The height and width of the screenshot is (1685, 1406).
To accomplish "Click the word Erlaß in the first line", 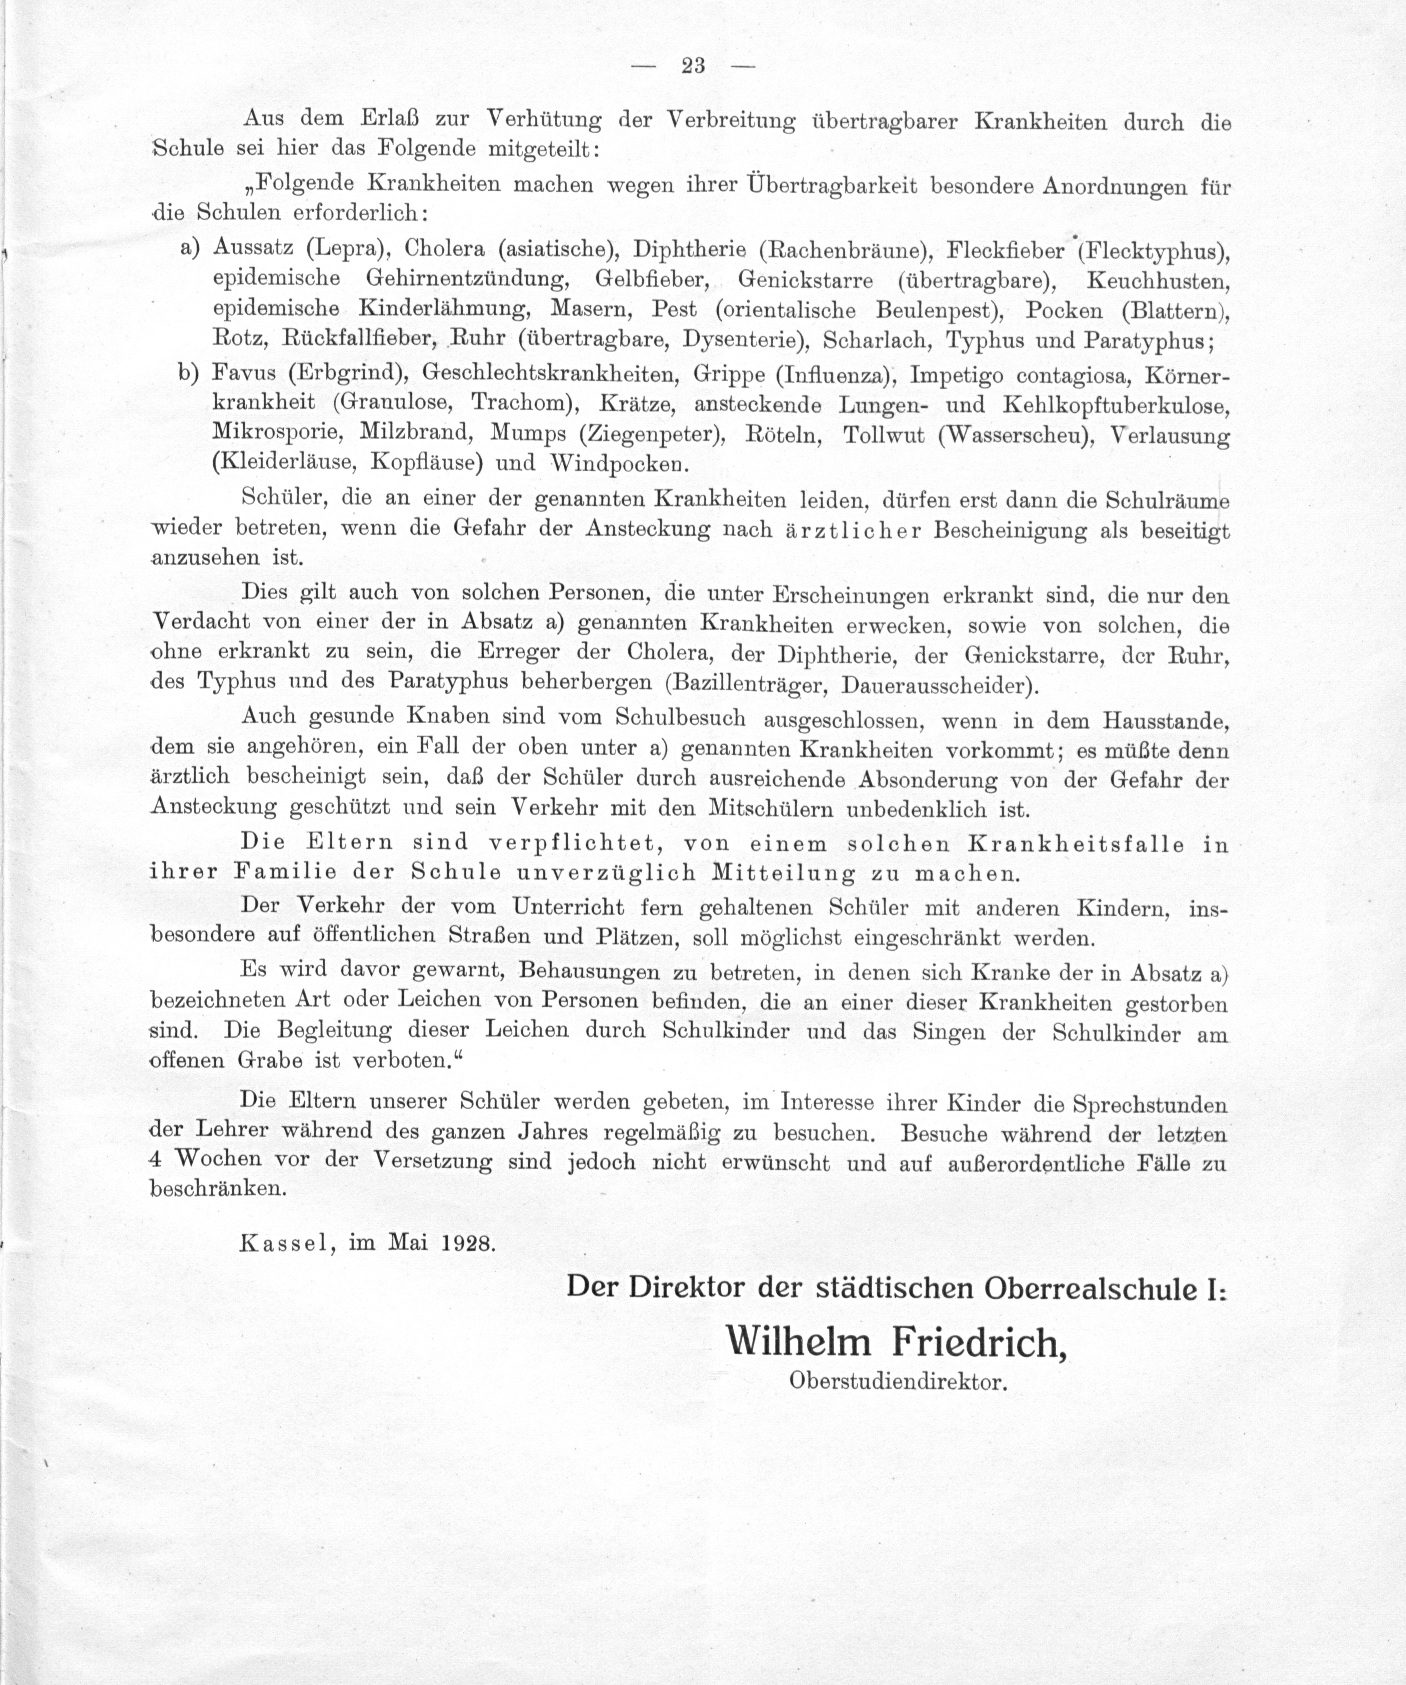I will coord(387,119).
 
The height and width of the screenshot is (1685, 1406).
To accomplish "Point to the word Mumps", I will coord(528,433).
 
